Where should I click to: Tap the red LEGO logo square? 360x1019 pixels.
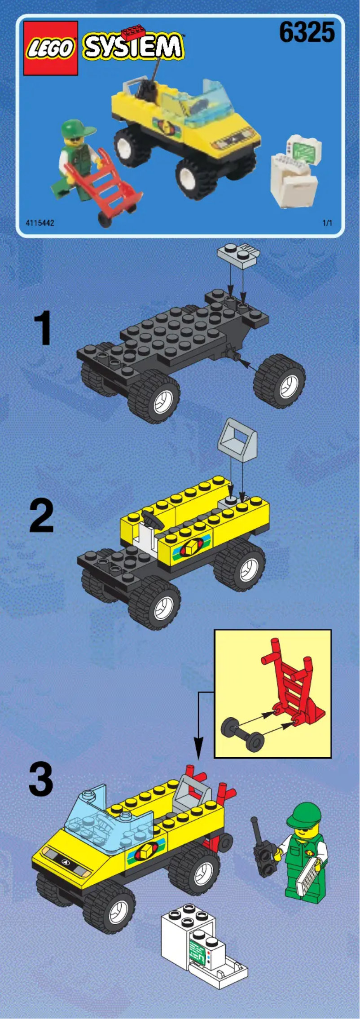(x=51, y=48)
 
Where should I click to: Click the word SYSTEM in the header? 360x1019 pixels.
(x=133, y=47)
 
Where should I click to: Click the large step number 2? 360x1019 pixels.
(x=41, y=516)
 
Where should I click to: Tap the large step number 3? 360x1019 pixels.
(x=40, y=781)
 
